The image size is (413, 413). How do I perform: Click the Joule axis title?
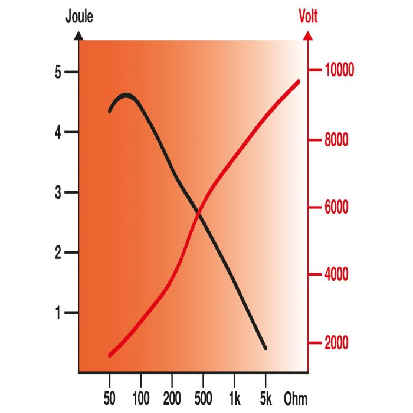(78, 17)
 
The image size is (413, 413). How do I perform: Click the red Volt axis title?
(308, 17)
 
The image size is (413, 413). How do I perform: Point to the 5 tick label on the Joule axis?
(58, 73)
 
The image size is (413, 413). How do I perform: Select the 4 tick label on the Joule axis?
(58, 132)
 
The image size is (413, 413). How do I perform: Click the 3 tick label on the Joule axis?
(58, 193)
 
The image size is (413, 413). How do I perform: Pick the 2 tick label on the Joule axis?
(58, 253)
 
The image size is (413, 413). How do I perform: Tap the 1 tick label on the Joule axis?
(58, 313)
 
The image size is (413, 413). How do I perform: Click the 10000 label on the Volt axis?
(338, 71)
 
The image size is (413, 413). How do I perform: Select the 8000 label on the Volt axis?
(338, 140)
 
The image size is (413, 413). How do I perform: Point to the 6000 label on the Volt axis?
(338, 208)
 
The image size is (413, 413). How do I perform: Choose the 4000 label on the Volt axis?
(338, 274)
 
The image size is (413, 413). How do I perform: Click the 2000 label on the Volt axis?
(338, 343)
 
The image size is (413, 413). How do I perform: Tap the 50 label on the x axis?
(110, 398)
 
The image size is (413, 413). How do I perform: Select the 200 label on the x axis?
(172, 398)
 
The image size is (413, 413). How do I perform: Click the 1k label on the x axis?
(234, 398)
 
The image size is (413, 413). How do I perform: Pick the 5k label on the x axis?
(265, 398)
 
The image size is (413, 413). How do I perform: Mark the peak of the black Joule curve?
(126, 94)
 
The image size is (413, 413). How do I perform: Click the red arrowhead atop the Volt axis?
(307, 35)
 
